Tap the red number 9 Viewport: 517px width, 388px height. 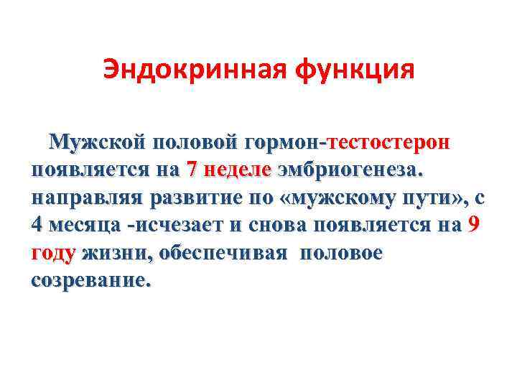473,225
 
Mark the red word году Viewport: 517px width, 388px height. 54,253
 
